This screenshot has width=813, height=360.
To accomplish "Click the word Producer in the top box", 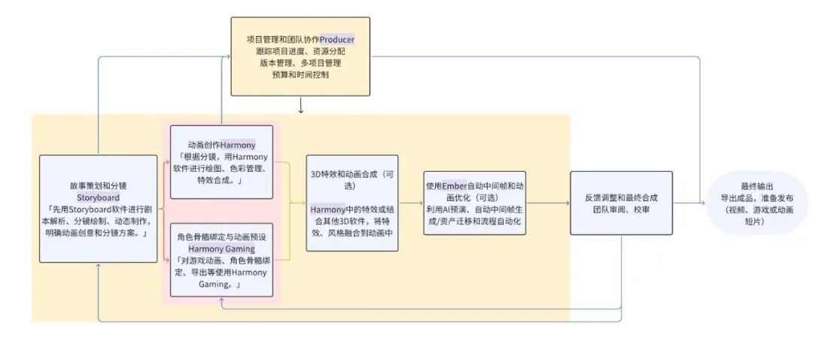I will [x=337, y=39].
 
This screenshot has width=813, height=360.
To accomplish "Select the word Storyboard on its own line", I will [x=98, y=197].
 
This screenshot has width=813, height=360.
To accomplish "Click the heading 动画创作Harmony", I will [x=221, y=145].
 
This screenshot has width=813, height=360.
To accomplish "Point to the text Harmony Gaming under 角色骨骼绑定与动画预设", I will [x=221, y=249].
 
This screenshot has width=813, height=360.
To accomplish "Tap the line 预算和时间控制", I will [x=300, y=75].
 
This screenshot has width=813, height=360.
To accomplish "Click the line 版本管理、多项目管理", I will [x=300, y=63].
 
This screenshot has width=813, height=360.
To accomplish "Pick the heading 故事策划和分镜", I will [x=98, y=185].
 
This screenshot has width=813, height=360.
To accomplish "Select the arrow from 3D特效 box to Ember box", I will [x=411, y=203].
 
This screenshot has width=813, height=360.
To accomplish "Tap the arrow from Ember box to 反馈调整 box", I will [x=548, y=203].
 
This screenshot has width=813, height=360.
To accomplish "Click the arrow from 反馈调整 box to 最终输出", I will [x=690, y=203].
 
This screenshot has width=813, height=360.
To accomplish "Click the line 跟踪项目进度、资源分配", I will [x=300, y=51].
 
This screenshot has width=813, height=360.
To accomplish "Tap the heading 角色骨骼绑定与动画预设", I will [x=221, y=236].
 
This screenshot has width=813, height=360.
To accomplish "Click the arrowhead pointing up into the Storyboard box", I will [x=98, y=267].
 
